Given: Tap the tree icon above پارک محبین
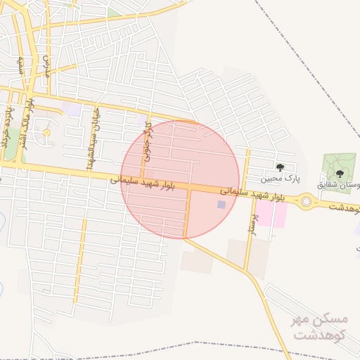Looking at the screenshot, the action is (x=281, y=167).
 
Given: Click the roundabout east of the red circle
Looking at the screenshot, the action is (x=307, y=204).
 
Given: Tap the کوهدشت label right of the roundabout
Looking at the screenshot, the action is (x=340, y=208).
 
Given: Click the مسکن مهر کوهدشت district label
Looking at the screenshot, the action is (x=321, y=326).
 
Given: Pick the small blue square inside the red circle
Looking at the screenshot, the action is (x=221, y=205).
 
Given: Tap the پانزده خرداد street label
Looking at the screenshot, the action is (x=6, y=127).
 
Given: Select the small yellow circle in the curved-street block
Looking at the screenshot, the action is (x=47, y=132).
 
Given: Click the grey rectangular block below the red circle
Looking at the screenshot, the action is (x=197, y=262).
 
